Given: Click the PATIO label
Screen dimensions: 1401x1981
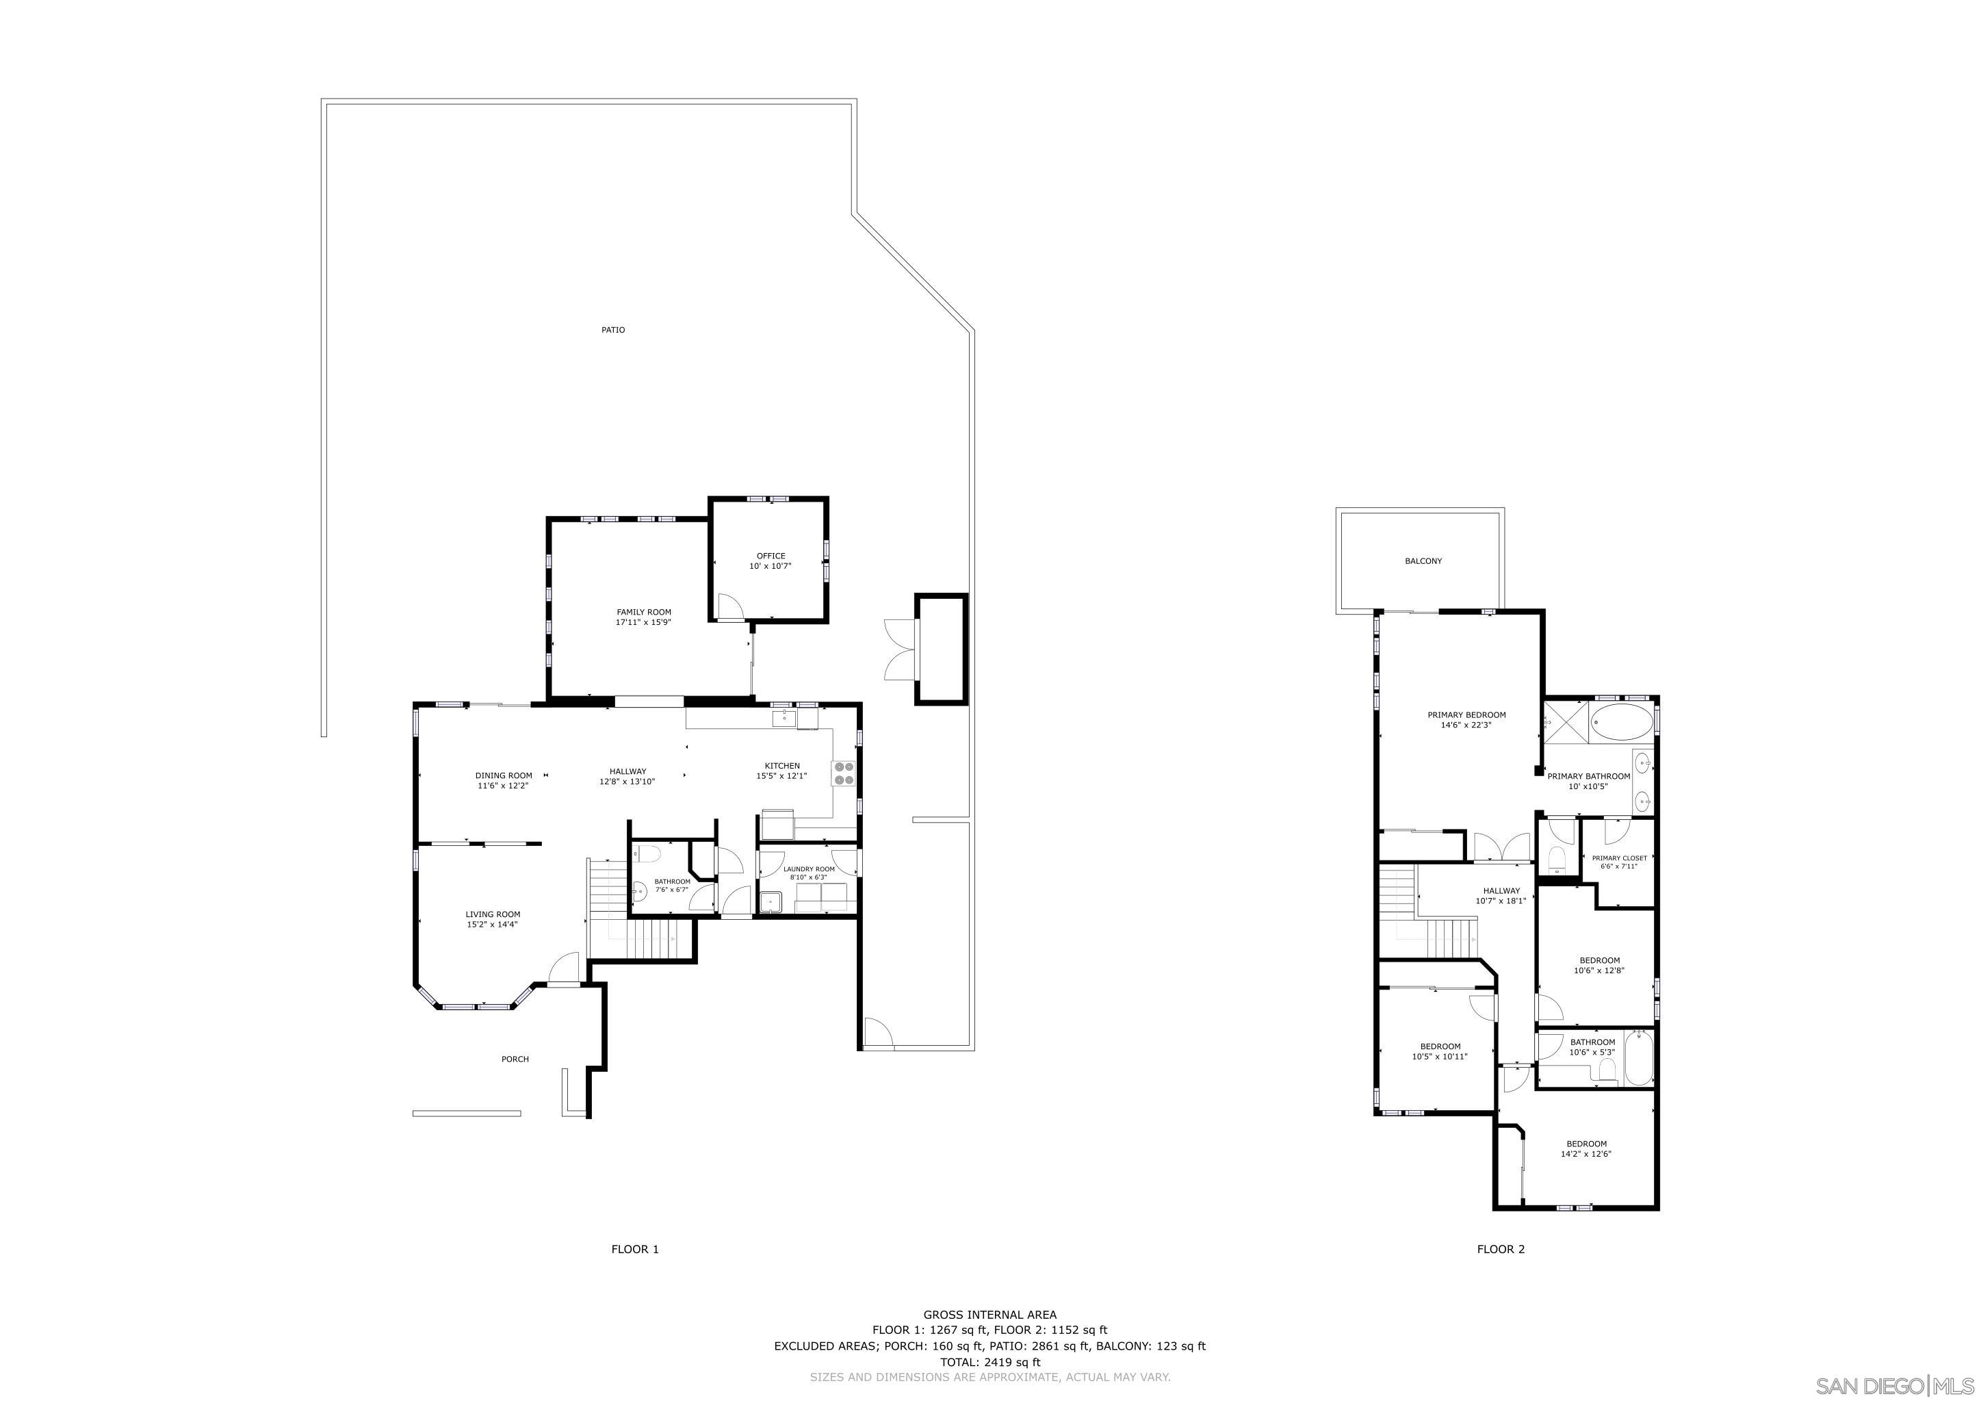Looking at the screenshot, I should pyautogui.click(x=612, y=330).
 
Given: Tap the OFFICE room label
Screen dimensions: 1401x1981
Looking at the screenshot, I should pyautogui.click(x=771, y=556).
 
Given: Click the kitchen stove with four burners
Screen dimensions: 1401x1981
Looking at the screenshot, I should pyautogui.click(x=843, y=773).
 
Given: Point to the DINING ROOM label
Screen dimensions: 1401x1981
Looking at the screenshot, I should pyautogui.click(x=503, y=775).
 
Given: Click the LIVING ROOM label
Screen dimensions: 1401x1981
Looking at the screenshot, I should pyautogui.click(x=493, y=914).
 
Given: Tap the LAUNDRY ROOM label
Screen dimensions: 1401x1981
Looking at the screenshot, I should pyautogui.click(x=808, y=869).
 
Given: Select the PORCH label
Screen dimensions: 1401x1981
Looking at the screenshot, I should pyautogui.click(x=515, y=1059).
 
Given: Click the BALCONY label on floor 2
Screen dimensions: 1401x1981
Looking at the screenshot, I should pyautogui.click(x=1423, y=561).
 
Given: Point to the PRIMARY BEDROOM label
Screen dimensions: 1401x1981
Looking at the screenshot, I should pyautogui.click(x=1466, y=715).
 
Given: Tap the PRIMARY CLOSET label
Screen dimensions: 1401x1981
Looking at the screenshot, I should pyautogui.click(x=1618, y=858).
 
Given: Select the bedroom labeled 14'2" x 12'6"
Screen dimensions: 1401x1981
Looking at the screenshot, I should pyautogui.click(x=1586, y=1149).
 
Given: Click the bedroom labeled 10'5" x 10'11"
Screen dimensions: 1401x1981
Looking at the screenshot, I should pyautogui.click(x=1440, y=1051).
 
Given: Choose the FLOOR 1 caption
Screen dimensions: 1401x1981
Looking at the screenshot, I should pyautogui.click(x=635, y=1249).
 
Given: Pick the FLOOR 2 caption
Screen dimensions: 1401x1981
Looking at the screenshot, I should pyautogui.click(x=1501, y=1249).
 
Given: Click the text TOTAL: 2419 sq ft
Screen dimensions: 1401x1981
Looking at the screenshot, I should pyautogui.click(x=989, y=1362).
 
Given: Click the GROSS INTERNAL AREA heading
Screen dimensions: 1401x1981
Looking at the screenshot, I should pyautogui.click(x=989, y=1315).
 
